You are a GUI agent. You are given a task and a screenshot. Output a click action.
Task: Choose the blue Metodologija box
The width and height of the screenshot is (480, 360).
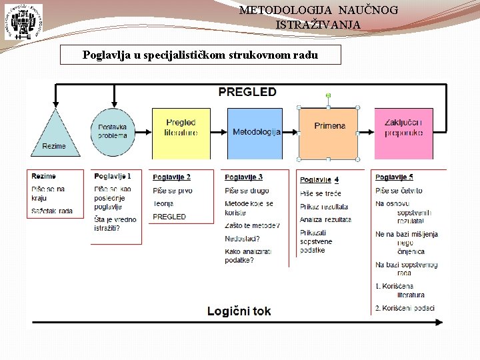pos(256,132)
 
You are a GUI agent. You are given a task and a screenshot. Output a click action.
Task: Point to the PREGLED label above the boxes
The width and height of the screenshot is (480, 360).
pos(247,92)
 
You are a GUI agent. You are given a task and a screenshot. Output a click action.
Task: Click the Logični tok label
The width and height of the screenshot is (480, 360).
pos(239,311)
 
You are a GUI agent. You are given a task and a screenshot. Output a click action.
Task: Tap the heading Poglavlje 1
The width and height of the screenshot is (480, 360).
pos(113,176)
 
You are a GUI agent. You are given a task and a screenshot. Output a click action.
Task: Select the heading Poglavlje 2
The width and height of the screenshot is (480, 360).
pos(171,177)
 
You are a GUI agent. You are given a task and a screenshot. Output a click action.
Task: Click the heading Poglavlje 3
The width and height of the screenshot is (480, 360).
pos(243,177)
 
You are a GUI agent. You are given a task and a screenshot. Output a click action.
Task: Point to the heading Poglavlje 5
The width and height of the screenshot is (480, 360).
pos(394,177)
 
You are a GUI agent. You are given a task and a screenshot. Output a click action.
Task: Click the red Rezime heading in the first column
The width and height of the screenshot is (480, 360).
pos(43,176)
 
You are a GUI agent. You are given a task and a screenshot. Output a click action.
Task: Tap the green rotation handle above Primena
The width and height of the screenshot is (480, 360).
pos(328,96)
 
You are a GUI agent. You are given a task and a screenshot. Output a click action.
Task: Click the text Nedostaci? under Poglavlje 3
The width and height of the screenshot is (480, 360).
pos(242,239)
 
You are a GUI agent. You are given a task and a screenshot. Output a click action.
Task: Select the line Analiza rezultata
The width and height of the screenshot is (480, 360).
pos(325,219)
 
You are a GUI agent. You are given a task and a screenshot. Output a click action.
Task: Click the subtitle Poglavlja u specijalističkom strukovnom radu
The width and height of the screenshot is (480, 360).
pos(200,55)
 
